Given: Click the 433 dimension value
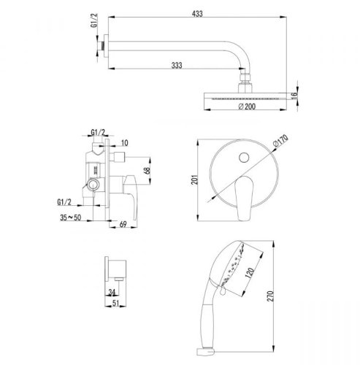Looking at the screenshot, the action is (x=197, y=14).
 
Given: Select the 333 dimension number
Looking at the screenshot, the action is (x=177, y=65).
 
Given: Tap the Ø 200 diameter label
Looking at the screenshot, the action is (x=247, y=107).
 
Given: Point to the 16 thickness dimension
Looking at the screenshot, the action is (x=294, y=96).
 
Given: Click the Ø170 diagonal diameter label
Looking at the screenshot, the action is (x=280, y=141).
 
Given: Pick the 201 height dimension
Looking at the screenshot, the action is (x=194, y=180).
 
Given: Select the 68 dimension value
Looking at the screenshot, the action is (x=147, y=170).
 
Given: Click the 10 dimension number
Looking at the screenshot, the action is (x=124, y=143).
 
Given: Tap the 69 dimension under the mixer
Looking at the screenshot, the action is (x=123, y=224).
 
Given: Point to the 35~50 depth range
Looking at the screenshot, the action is (x=71, y=218).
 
